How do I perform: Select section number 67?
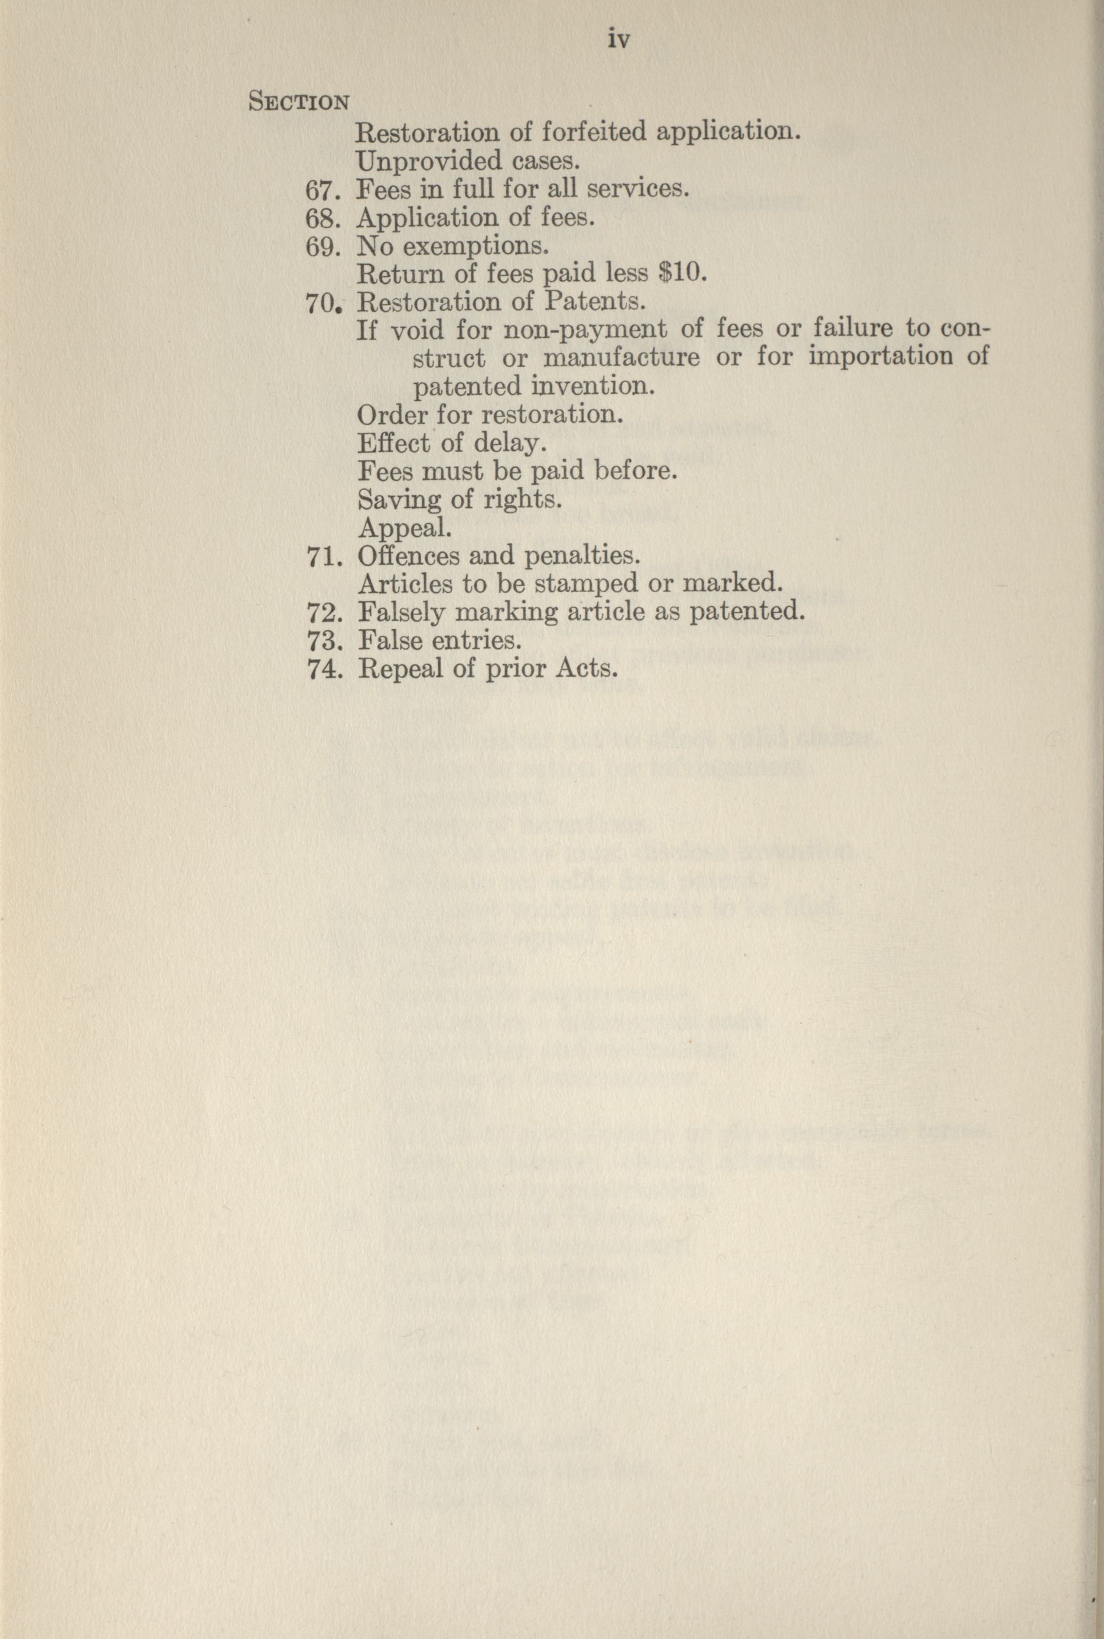tap(323, 190)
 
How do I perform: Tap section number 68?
tap(323, 218)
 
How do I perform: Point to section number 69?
tap(323, 246)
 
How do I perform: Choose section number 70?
tap(323, 303)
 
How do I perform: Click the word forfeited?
tap(593, 132)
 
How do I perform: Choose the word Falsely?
tap(401, 613)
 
